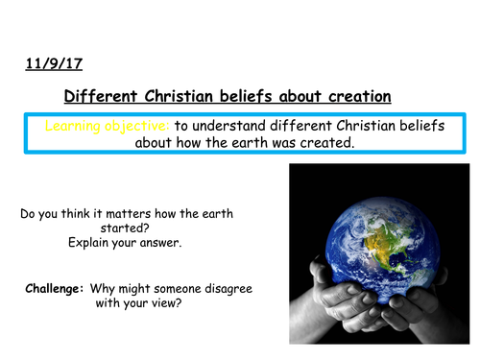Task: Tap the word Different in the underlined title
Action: click(x=96, y=96)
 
